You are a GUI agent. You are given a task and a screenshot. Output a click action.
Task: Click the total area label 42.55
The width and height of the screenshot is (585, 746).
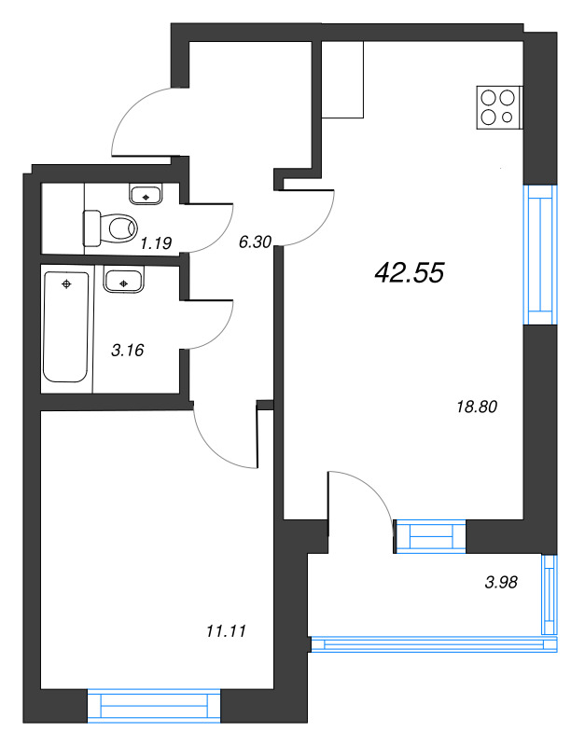tap(409, 271)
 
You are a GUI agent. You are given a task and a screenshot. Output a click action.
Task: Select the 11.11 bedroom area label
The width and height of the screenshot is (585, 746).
tap(224, 631)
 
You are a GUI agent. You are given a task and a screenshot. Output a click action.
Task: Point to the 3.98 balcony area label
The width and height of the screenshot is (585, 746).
tap(501, 582)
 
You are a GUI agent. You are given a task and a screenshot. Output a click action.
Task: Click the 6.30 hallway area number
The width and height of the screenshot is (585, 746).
tap(255, 242)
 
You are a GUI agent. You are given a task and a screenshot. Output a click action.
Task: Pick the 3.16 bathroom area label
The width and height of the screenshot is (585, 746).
tap(128, 351)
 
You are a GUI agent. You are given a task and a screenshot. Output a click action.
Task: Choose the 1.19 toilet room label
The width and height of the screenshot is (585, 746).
tap(155, 245)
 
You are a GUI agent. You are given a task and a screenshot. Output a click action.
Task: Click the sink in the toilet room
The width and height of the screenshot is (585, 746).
tap(145, 195)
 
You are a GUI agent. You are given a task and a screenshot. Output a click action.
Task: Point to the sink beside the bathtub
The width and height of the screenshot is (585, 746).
tap(121, 281)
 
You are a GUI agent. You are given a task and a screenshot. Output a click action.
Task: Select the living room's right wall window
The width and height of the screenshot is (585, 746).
tap(538, 254)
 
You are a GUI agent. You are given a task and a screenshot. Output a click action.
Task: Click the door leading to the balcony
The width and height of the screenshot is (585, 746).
tap(359, 499)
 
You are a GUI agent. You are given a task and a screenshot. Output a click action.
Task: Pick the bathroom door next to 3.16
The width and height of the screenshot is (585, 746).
tap(210, 326)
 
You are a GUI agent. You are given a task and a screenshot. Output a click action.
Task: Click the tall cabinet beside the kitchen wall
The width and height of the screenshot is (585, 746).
tap(342, 79)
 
